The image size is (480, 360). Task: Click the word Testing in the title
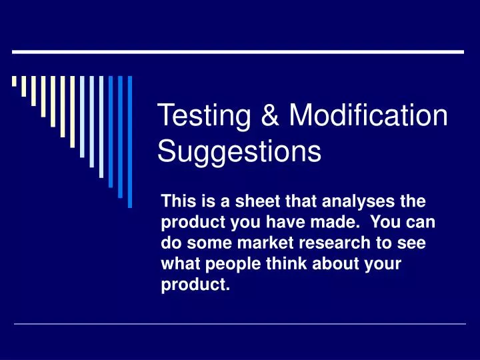click(x=204, y=117)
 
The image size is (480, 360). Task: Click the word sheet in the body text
click(x=262, y=201)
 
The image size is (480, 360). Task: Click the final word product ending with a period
click(x=195, y=286)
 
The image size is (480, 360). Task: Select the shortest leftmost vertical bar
click(x=14, y=83)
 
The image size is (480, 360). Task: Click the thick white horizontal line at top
click(x=238, y=51)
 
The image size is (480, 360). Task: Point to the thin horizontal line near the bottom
click(x=240, y=324)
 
